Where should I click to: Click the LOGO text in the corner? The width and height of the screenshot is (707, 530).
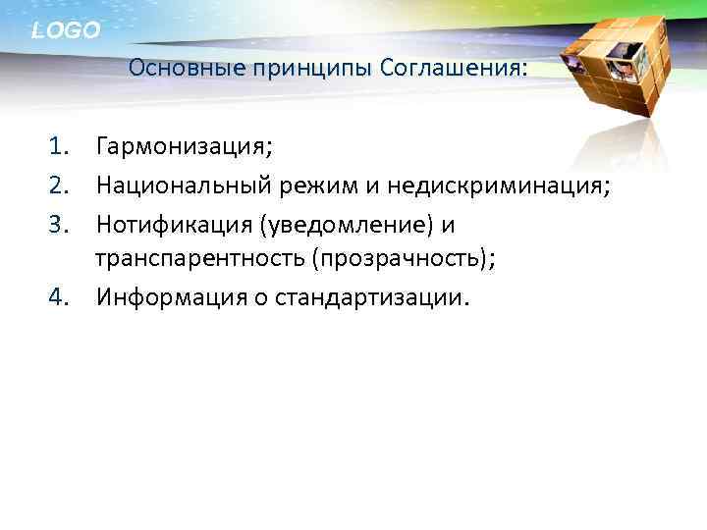coord(66,30)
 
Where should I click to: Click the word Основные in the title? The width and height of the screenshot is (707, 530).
coord(173,70)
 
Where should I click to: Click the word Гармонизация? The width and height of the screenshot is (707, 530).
coord(184,148)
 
